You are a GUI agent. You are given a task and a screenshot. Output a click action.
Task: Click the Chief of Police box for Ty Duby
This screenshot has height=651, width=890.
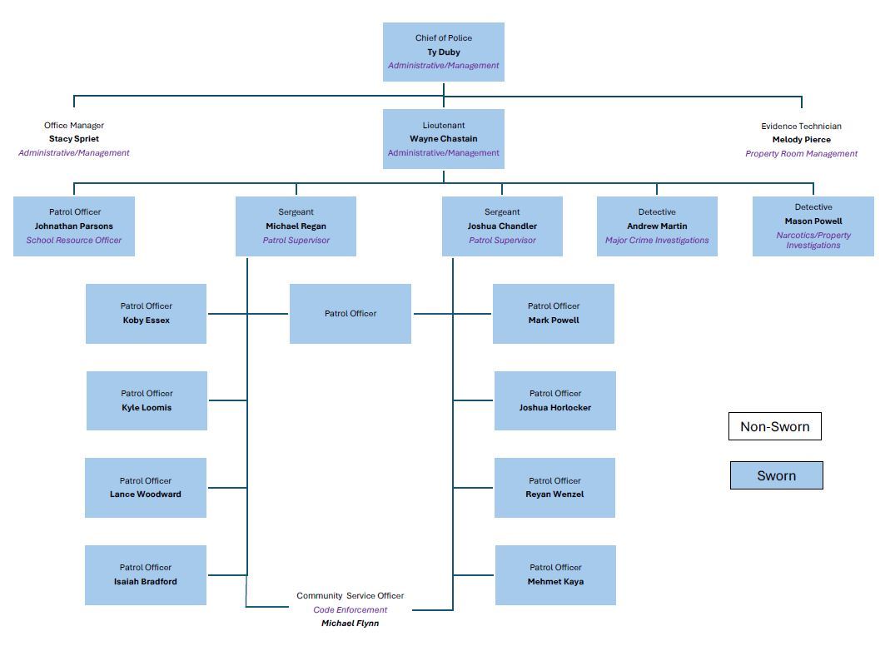443,52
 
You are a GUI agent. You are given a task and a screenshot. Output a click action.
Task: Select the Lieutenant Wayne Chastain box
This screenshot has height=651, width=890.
443,139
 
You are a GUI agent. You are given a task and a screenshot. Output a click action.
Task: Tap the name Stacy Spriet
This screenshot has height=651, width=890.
74,139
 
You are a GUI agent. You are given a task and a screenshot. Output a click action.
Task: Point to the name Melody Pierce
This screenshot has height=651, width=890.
801,140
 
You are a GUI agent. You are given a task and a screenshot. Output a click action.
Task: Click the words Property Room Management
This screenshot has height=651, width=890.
801,154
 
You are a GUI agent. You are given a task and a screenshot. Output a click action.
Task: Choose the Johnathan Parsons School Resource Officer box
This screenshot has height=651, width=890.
74,226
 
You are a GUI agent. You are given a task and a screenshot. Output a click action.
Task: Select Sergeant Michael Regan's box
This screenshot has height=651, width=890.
296,226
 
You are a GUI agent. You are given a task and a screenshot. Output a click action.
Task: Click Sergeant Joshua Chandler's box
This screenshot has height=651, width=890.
502,226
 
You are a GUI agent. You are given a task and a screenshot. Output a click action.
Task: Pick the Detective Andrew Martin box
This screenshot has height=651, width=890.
657,226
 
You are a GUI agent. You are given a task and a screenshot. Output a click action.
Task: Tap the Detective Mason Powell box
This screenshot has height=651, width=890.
813,226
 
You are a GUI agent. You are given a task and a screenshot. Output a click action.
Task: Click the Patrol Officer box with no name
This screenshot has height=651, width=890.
350,314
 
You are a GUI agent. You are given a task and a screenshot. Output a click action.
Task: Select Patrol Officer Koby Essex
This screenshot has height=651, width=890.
146,314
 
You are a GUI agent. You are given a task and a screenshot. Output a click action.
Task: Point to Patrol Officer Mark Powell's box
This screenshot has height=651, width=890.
554,314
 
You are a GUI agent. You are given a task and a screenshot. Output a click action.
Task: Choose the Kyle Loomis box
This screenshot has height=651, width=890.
147,400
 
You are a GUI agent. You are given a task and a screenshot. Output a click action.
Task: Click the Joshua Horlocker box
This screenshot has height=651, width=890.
554,400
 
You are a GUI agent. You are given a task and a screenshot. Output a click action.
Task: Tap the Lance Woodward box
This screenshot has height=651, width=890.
146,488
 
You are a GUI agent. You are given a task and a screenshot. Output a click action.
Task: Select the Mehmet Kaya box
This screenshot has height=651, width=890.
555,575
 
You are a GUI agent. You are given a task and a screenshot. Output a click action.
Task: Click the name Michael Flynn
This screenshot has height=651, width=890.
350,624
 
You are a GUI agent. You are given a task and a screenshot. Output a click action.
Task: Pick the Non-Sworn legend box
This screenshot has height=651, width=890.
774,427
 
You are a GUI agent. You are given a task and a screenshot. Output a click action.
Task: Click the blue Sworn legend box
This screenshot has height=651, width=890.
776,475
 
